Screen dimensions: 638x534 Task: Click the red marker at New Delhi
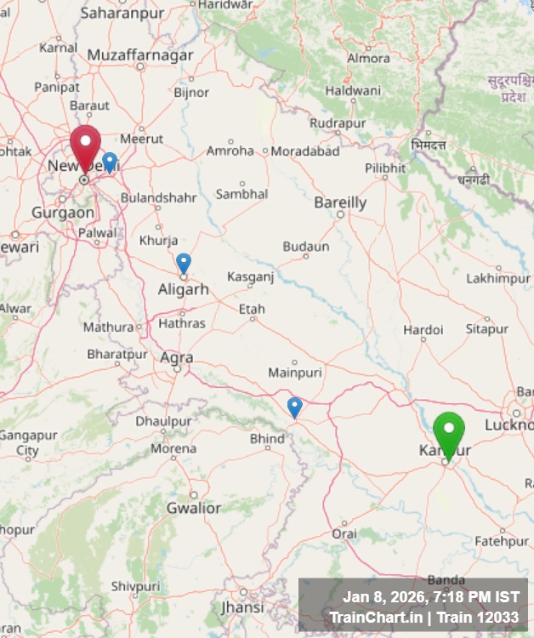[x=85, y=145]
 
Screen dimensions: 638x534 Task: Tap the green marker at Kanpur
[x=448, y=431]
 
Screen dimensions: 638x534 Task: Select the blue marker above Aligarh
[x=184, y=262]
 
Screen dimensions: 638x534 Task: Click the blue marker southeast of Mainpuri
[x=294, y=407]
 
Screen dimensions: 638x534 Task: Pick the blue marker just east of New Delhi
[x=110, y=161]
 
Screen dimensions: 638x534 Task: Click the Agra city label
[x=177, y=358]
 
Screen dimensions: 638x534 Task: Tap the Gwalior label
[x=193, y=508]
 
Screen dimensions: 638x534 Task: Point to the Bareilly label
[x=340, y=202]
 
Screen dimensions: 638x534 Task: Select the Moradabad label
[x=305, y=151]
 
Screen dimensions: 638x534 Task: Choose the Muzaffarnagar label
[x=140, y=55]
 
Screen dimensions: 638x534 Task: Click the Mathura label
[x=108, y=327]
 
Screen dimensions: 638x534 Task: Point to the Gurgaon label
[x=63, y=212]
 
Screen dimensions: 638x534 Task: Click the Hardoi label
[x=423, y=329]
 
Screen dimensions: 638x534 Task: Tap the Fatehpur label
[x=501, y=541]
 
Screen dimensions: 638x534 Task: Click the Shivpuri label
[x=135, y=586]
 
